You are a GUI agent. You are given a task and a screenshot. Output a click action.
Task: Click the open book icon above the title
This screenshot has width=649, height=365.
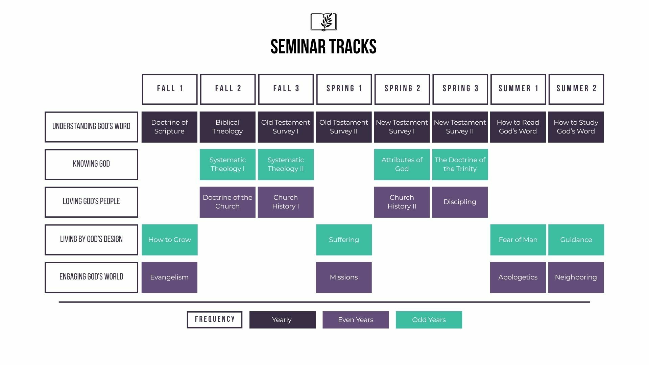pos(323,22)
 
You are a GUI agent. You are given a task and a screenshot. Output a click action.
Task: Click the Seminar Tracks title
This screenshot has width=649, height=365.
pos(323,47)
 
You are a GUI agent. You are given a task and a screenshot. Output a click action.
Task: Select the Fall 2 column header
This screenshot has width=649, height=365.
pos(228,89)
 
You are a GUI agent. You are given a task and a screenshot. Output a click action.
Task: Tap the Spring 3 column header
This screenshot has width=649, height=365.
pos(460,89)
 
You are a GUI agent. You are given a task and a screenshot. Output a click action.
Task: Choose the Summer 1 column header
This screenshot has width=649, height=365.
pos(518,89)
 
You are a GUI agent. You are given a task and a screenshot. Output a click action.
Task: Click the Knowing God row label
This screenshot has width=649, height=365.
pos(91,165)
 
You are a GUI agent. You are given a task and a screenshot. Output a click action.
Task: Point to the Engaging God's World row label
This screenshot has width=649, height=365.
pos(91,277)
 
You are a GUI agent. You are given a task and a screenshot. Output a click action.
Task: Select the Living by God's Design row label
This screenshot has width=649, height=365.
pos(91,240)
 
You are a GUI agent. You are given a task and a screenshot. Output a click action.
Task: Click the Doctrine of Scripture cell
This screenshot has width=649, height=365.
pos(169,127)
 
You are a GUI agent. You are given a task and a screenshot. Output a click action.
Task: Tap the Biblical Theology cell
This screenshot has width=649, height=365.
pos(227,127)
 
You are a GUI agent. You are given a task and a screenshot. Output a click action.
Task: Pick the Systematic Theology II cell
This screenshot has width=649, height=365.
pos(286,165)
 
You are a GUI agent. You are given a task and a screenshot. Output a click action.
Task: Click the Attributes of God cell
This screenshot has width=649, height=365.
pos(402,165)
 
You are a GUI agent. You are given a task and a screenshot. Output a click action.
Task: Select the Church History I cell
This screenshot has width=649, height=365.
pos(286,202)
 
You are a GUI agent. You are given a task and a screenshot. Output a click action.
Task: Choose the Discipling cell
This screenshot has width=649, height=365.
pos(460,202)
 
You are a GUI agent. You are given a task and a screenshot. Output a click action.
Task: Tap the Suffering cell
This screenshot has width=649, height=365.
pos(344,240)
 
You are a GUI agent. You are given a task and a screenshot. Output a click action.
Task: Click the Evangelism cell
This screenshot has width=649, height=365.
pos(169,277)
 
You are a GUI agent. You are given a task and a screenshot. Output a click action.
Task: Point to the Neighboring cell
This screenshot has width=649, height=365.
pos(576,277)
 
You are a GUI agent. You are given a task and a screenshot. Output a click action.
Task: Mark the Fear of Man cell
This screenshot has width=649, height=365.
pos(518,240)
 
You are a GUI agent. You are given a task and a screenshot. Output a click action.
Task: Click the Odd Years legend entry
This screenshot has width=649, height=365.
pos(429,320)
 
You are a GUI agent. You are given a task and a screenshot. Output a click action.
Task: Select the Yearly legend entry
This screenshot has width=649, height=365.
pos(283,320)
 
